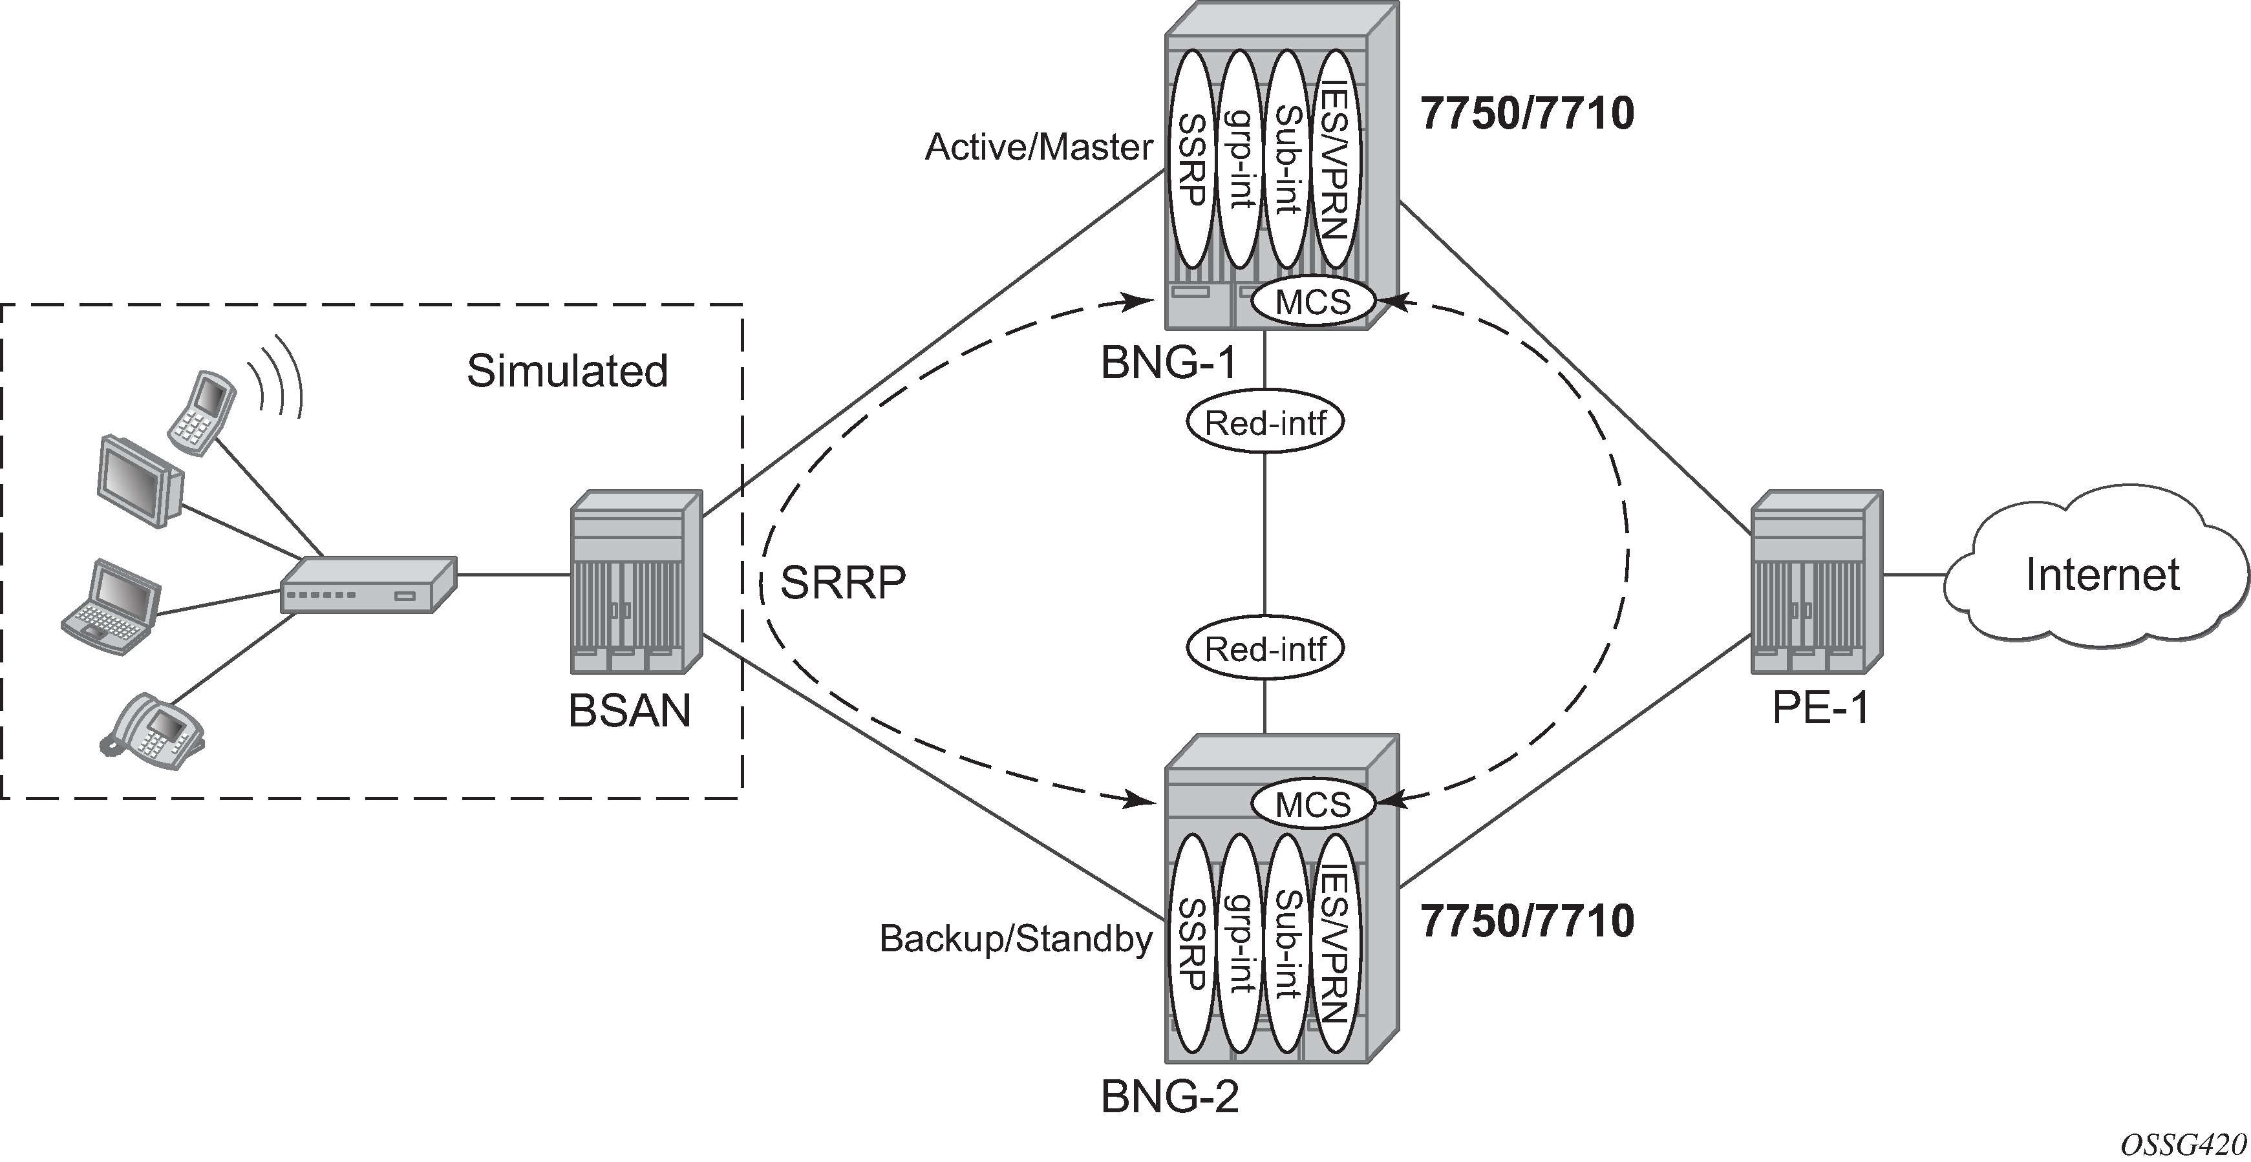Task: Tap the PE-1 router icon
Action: coord(1816,582)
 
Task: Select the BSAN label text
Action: coord(629,710)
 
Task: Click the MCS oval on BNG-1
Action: coord(1312,302)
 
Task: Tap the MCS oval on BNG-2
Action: coord(1312,805)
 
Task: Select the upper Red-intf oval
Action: coord(1264,424)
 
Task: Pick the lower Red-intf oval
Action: coord(1264,649)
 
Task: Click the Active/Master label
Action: coord(1039,147)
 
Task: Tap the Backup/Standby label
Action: coord(1016,938)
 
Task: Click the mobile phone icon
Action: coord(202,412)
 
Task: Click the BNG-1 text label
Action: coord(1168,363)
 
